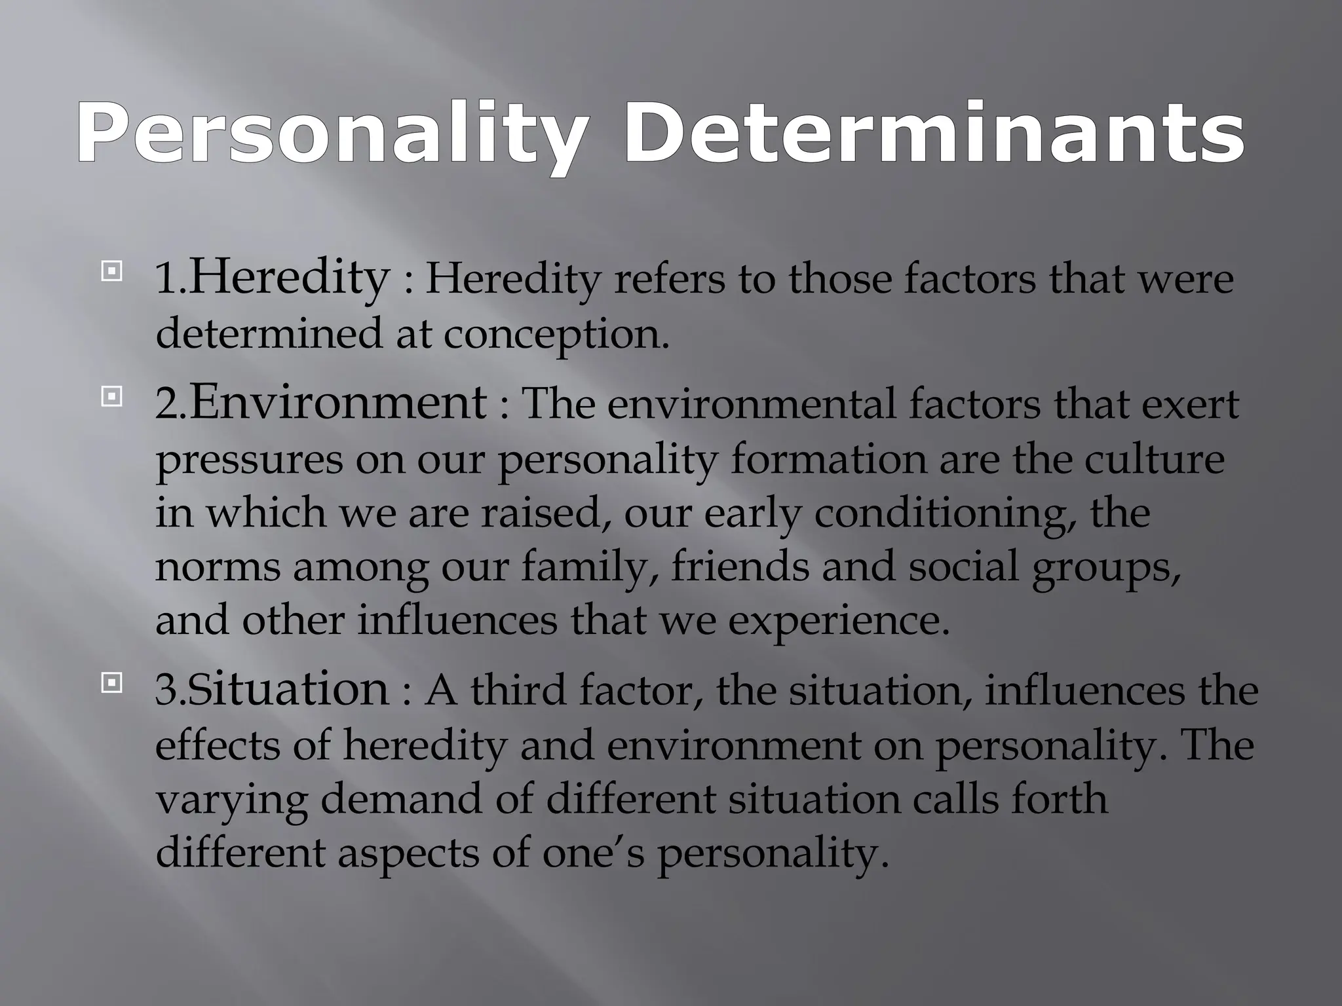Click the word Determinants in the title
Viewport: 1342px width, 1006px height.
(933, 134)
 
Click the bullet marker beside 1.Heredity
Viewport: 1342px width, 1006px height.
(112, 271)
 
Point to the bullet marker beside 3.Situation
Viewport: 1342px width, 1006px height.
(112, 684)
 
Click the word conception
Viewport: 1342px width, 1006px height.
(556, 334)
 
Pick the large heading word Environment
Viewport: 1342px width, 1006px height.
(338, 402)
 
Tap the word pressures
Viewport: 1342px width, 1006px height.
(249, 460)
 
